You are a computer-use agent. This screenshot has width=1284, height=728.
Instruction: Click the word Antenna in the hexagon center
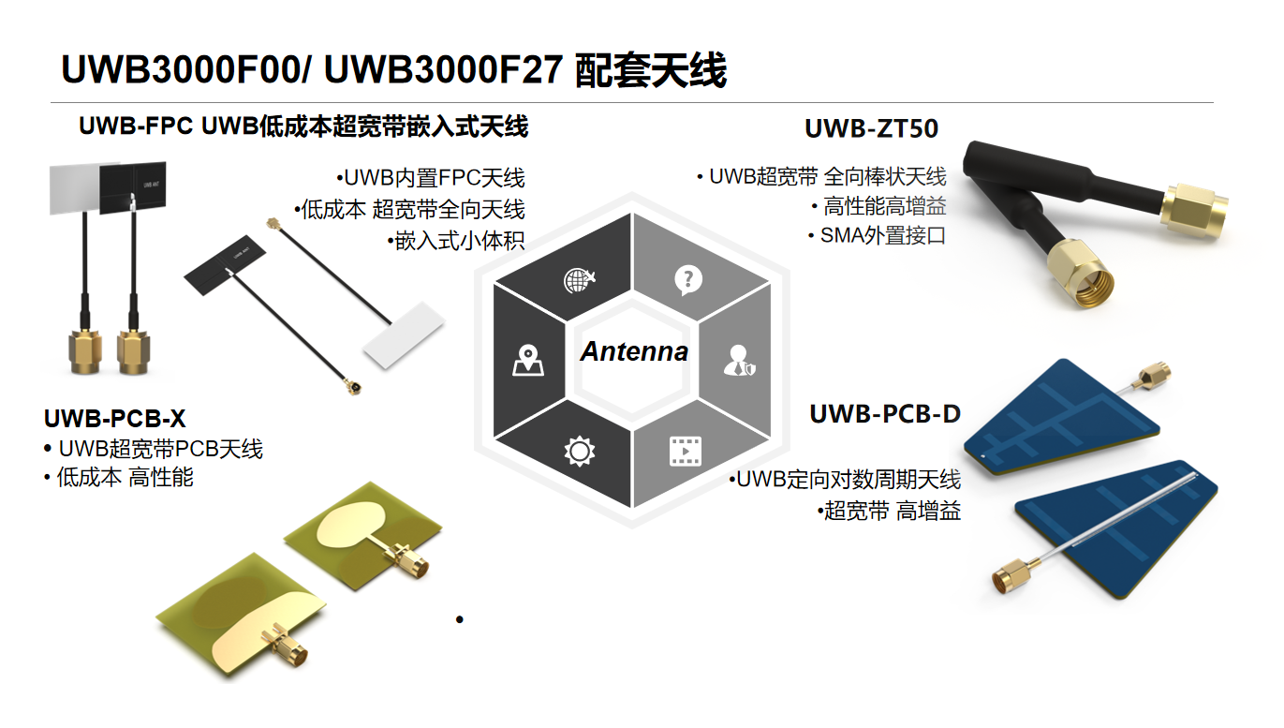click(634, 352)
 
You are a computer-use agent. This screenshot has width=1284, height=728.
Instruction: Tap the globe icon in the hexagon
click(580, 279)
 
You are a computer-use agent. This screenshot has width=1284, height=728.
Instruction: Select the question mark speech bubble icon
click(688, 279)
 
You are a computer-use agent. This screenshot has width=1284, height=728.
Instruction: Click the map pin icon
click(527, 361)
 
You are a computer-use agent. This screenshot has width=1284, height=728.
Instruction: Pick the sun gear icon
click(580, 452)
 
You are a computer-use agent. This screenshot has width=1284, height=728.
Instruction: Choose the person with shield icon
click(739, 361)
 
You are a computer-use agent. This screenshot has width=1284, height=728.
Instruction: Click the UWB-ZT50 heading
click(871, 128)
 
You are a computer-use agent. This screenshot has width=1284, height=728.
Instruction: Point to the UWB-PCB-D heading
click(885, 413)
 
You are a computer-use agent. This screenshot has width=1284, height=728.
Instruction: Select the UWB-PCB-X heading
click(114, 419)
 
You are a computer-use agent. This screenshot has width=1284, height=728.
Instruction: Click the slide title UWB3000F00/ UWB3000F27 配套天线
click(393, 70)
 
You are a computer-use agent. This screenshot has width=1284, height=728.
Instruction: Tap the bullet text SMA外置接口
click(882, 236)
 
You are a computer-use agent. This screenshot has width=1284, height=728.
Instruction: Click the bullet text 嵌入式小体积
click(459, 241)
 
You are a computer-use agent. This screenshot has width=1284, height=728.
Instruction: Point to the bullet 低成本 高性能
click(125, 478)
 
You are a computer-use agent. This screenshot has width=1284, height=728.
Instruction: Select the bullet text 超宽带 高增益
click(892, 512)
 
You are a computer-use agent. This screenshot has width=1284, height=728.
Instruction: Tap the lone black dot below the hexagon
click(460, 619)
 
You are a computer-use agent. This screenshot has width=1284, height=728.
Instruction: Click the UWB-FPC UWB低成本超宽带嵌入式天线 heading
click(303, 126)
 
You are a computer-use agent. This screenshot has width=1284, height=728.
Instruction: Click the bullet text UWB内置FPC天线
click(434, 178)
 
